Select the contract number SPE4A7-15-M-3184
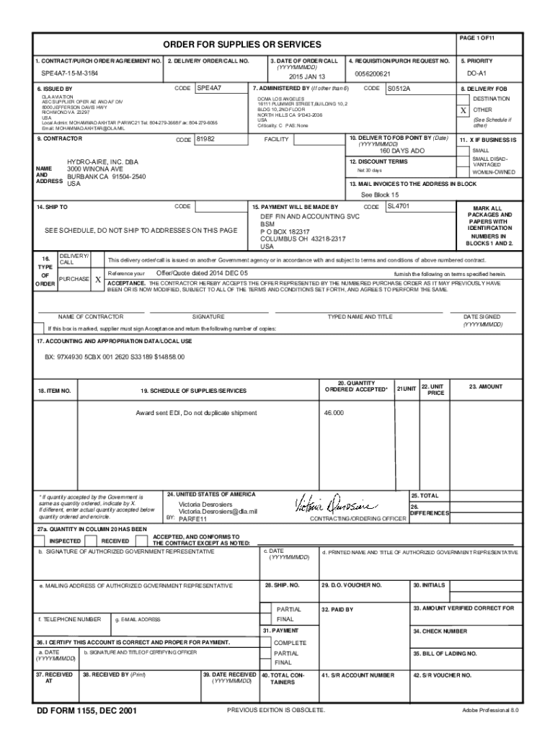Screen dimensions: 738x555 tap(70, 74)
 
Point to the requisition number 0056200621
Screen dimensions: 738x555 tap(373, 74)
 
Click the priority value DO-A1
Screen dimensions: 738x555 tap(476, 74)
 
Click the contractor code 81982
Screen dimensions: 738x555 tap(207, 140)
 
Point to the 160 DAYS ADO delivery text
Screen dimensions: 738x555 tap(402, 151)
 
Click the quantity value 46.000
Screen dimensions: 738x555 tap(334, 413)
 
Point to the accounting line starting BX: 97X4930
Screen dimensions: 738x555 tap(115, 357)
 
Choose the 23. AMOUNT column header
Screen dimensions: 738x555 tap(485, 387)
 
